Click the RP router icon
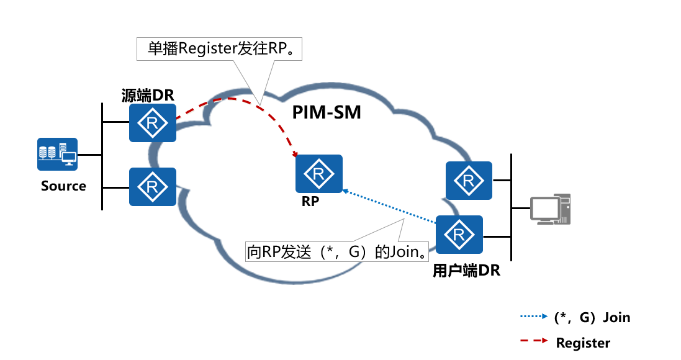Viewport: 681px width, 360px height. point(319,174)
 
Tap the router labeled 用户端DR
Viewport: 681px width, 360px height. point(459,235)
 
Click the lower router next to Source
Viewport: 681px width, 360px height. point(153,186)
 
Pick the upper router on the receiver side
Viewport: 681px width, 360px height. point(469,181)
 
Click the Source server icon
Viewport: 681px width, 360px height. point(57,155)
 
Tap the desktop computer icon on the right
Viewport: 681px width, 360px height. point(550,209)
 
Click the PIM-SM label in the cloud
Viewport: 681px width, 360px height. point(327,113)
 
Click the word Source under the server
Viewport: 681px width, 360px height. point(63,186)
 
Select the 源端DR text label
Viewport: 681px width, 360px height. point(148,96)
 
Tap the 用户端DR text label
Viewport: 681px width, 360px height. point(466,271)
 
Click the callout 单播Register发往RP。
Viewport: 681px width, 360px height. point(219,49)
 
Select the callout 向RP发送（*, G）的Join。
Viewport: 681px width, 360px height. point(338,251)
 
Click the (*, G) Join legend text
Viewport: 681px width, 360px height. point(592,318)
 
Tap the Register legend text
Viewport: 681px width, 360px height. point(583,343)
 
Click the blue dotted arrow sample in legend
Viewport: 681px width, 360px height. point(534,317)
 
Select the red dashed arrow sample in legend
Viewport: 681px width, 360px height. point(534,341)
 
